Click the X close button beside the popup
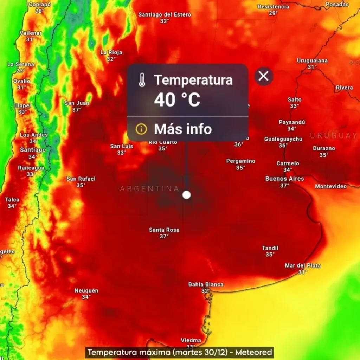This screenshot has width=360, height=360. [x=264, y=76]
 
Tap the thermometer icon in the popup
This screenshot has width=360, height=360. [x=142, y=81]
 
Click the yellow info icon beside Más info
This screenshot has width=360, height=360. [x=141, y=129]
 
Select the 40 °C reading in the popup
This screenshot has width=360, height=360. [x=177, y=100]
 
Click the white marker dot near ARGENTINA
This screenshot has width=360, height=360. [x=187, y=195]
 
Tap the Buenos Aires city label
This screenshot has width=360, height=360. [x=284, y=179]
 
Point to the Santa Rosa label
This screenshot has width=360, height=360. [x=164, y=230]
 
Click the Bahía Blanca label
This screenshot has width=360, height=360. [x=206, y=284]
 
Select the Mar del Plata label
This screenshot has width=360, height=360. [x=303, y=266]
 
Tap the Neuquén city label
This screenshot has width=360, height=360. [x=86, y=291]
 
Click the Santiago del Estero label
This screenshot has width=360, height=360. [x=165, y=15]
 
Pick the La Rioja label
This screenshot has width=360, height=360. [x=111, y=52]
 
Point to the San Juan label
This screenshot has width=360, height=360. [x=77, y=103]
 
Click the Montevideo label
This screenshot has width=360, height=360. [x=331, y=186]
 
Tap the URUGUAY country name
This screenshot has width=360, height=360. [x=333, y=136]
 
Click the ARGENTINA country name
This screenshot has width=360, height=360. [x=150, y=189]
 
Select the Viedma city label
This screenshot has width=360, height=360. [x=191, y=340]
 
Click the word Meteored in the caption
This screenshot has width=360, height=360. [x=253, y=352]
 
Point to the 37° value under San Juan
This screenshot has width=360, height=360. [x=77, y=110]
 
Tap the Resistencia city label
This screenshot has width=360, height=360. [x=273, y=7]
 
